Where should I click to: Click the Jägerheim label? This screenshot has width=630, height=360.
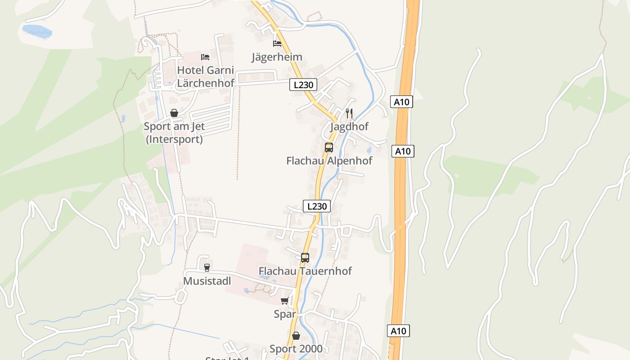tap(277, 57)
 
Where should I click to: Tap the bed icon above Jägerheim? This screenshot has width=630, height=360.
tap(277, 44)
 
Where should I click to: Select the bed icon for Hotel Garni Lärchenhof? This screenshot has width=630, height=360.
tap(205, 57)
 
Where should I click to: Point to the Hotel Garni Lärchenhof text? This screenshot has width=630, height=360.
tap(206, 76)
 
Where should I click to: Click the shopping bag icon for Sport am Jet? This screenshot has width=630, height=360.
tap(174, 113)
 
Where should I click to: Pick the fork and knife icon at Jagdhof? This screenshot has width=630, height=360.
tap(349, 113)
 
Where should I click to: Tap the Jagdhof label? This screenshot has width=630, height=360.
tap(349, 126)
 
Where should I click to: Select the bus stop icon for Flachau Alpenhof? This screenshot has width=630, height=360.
tap(329, 147)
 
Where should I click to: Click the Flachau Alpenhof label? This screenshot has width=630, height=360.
tap(329, 161)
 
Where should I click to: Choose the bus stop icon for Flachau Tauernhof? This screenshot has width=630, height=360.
tap(305, 258)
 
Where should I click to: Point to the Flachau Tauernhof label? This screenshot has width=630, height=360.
tap(305, 271)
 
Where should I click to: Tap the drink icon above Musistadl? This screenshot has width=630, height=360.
tap(207, 268)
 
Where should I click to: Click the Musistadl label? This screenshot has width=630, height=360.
tap(207, 281)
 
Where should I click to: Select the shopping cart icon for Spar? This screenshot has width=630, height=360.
tap(284, 301)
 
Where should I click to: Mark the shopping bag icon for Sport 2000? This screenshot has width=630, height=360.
tap(296, 336)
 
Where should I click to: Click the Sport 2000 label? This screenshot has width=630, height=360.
tap(296, 349)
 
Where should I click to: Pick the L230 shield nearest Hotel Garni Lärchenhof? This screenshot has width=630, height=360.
tap(303, 85)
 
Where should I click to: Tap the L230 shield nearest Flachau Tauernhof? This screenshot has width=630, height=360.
tap(317, 206)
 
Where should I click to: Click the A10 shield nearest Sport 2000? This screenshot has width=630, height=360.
tap(398, 331)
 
